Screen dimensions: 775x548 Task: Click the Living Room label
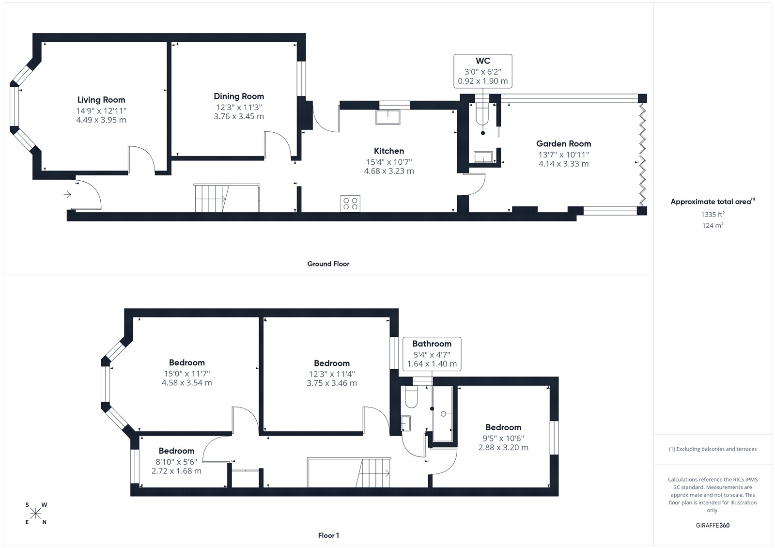pos(101,100)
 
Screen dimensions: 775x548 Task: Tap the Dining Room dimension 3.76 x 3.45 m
pos(239,116)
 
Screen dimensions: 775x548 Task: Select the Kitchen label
pos(389,151)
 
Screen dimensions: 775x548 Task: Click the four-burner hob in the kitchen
pos(350,204)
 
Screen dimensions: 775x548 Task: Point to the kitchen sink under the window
pos(387,117)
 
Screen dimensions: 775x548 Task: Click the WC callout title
pos(482,61)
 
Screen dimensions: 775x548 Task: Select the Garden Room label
pos(564,144)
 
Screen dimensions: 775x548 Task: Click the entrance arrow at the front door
pos(67,195)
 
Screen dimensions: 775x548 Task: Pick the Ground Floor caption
pos(328,264)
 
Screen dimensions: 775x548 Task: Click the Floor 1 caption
pos(328,535)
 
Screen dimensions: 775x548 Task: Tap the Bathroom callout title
pos(432,344)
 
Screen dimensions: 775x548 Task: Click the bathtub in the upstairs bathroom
pos(443,414)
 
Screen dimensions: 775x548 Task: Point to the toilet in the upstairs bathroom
pos(411,397)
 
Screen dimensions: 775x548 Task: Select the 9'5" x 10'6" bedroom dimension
pos(503,438)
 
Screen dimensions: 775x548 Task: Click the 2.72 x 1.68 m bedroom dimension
pos(176,471)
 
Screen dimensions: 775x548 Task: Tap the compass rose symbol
pos(36,513)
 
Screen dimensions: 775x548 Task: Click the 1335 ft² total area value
pos(713,214)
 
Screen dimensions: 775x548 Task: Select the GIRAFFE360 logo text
pos(713,525)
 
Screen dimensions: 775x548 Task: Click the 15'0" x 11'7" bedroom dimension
pos(187,374)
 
